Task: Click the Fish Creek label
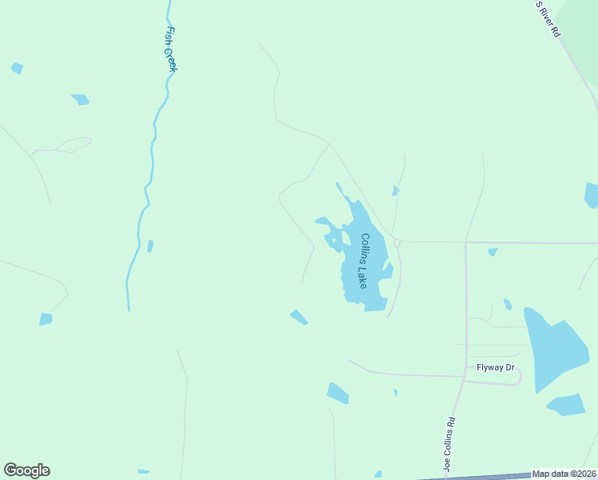point(169,50)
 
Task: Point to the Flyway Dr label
point(496,368)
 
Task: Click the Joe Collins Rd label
point(450,444)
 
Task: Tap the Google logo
point(26,470)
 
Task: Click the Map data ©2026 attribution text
point(564,474)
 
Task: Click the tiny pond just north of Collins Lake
point(395,190)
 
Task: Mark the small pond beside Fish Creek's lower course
point(149,246)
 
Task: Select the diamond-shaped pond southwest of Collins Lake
point(299,317)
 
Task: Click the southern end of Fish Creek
point(128,308)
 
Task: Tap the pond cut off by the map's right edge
point(592,195)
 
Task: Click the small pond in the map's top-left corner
point(17,69)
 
